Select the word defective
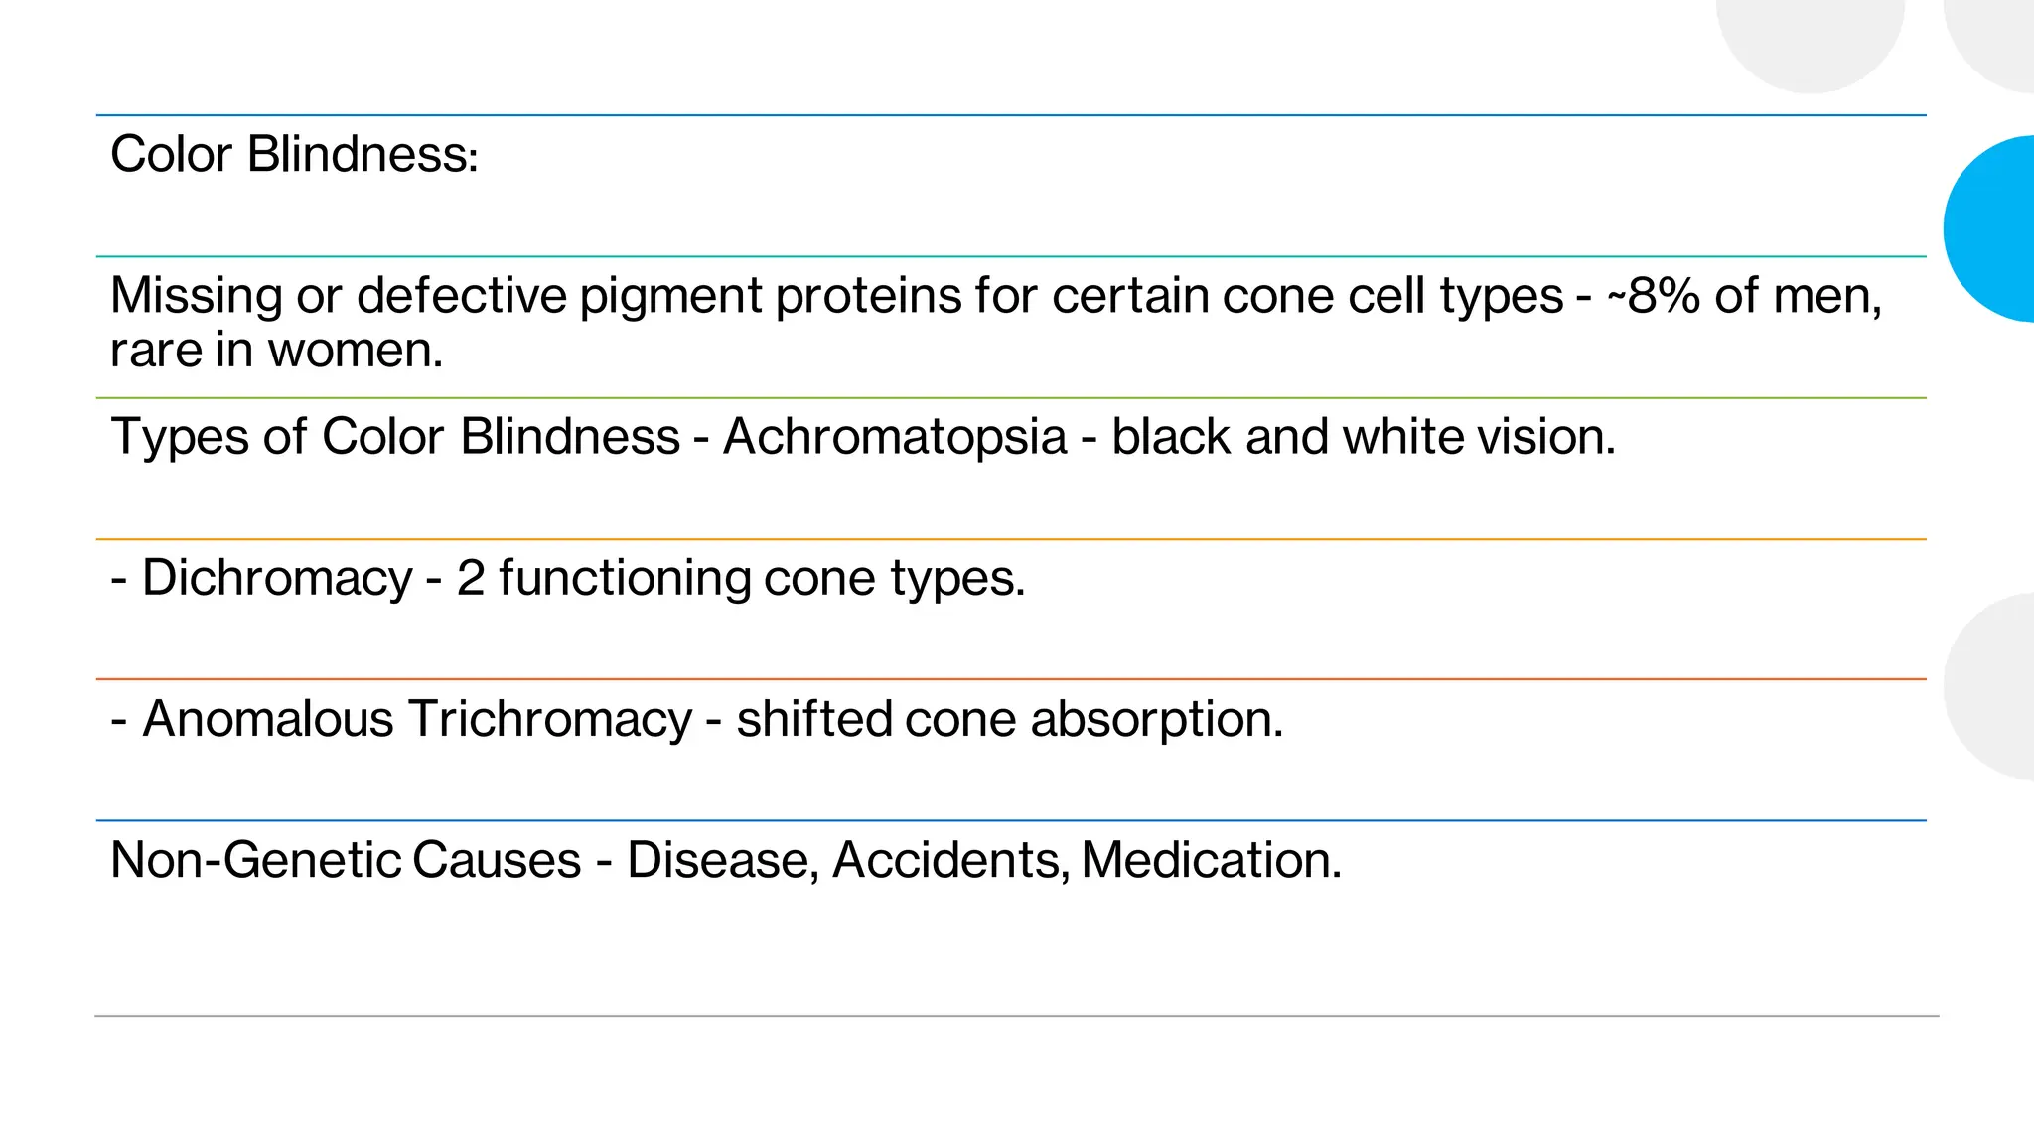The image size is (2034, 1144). pos(461,296)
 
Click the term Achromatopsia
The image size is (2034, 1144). pos(895,438)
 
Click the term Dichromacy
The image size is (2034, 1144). pos(277,579)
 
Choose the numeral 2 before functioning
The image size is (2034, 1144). pos(471,579)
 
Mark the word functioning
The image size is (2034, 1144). pos(624,579)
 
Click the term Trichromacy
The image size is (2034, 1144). pos(549,720)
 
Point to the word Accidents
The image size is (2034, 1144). pos(950,860)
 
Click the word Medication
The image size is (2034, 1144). pos(1211,860)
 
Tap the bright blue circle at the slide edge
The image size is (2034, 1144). pos(1990,228)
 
